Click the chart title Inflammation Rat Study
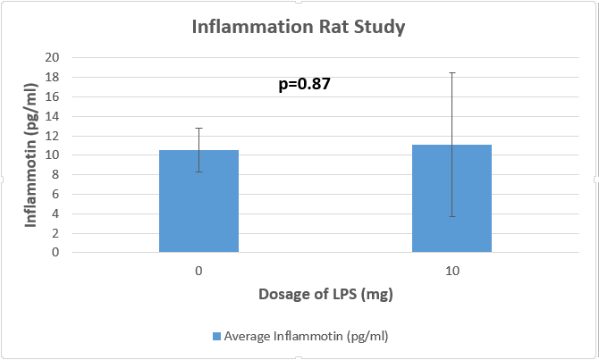click(299, 27)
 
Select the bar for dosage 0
click(198, 201)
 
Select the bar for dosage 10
click(451, 198)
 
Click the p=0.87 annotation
click(305, 85)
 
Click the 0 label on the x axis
click(198, 270)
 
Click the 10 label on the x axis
click(451, 270)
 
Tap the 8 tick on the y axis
click(55, 174)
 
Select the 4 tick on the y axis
click(55, 213)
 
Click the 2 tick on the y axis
click(55, 233)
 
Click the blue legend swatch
click(216, 337)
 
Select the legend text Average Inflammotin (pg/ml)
click(306, 337)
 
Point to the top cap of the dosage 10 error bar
click(451, 73)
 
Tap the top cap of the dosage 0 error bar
click(198, 128)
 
